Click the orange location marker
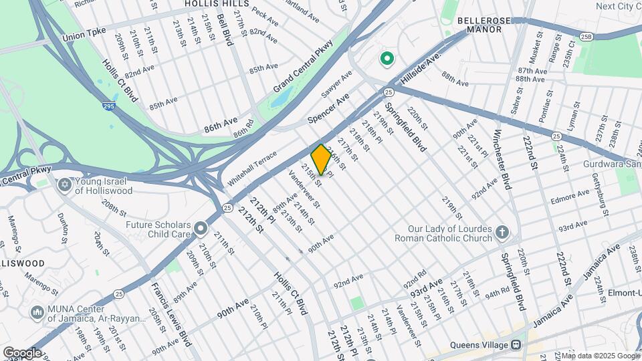[x=321, y=159]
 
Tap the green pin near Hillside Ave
[x=386, y=59]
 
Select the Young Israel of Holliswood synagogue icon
[x=65, y=184]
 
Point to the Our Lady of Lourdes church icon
[x=502, y=233]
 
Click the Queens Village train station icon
[x=516, y=345]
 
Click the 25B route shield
[x=586, y=36]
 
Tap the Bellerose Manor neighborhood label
[x=479, y=25]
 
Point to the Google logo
[x=22, y=352]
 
